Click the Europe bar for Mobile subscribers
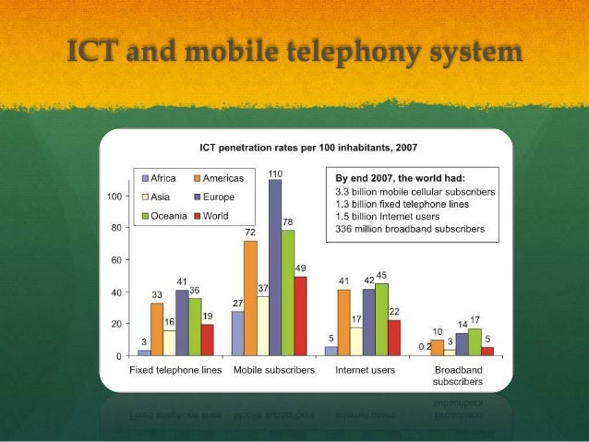[x=275, y=268]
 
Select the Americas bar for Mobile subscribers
[x=250, y=297]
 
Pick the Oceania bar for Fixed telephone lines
[x=195, y=327]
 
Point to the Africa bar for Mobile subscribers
[x=237, y=333]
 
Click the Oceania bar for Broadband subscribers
[x=475, y=342]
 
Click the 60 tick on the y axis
[x=117, y=260]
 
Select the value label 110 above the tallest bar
[x=275, y=173]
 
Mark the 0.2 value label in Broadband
[x=424, y=346]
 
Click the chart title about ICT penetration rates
[x=305, y=148]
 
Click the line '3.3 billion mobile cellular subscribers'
[x=415, y=191]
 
